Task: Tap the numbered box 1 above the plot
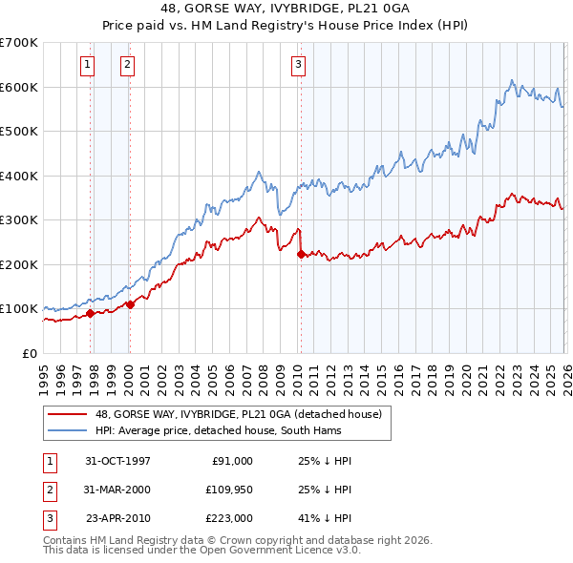(87, 65)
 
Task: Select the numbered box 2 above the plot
(127, 65)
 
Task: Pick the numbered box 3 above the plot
(298, 65)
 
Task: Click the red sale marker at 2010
(301, 254)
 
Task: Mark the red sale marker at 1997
(91, 312)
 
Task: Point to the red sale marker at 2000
(131, 304)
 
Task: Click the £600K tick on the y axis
(19, 87)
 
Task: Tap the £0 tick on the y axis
(30, 353)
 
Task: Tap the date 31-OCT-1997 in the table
(117, 461)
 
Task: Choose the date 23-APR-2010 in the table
(117, 520)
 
